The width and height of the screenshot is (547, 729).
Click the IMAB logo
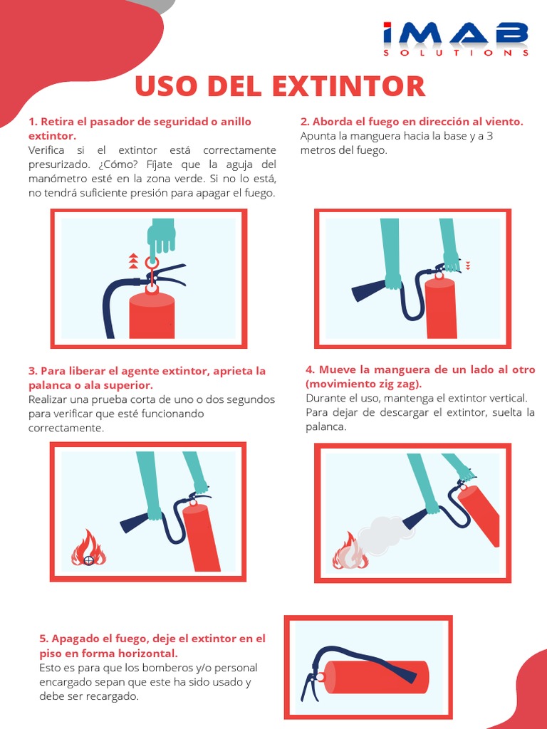click(455, 33)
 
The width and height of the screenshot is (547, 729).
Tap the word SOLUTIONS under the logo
click(455, 53)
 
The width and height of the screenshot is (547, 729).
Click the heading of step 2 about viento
click(412, 122)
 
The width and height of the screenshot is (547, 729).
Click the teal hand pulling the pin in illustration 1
click(161, 236)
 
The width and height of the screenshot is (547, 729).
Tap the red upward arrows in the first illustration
click(133, 261)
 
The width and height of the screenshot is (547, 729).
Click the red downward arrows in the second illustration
click(468, 266)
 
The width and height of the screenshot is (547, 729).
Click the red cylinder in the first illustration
click(152, 317)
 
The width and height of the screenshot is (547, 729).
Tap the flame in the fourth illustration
click(348, 552)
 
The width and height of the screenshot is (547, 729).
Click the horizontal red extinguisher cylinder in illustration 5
click(377, 677)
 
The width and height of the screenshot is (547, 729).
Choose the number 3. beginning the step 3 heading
click(33, 371)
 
